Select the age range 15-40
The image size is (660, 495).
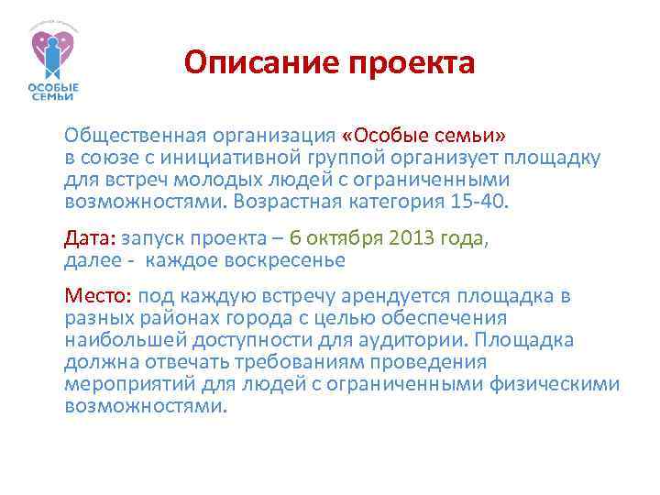pos(479,200)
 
